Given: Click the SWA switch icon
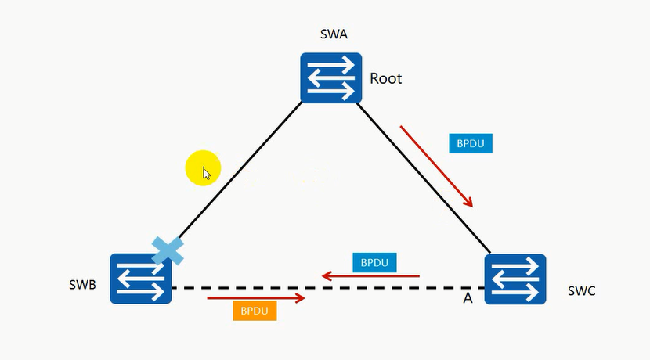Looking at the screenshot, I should (x=331, y=77).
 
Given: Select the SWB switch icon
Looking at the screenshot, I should (x=141, y=279).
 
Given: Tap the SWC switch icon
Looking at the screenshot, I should (x=515, y=279).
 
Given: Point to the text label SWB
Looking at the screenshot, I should (x=81, y=284).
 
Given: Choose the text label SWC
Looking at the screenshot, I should (x=581, y=290).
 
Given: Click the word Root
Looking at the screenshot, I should (x=386, y=78).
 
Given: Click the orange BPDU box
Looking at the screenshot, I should (x=255, y=311).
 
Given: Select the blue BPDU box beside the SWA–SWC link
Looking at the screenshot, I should (x=470, y=144).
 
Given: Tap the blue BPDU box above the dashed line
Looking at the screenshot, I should (x=374, y=262).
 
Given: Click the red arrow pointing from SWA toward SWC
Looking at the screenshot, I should (x=437, y=165).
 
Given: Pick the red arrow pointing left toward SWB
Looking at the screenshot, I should (x=371, y=275).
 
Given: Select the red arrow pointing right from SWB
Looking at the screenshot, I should (x=255, y=297).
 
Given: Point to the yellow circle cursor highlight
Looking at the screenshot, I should (x=202, y=167).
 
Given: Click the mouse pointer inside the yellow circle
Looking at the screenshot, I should (x=206, y=173).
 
